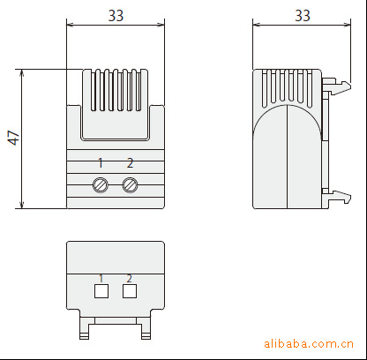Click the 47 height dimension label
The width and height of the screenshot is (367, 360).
click(x=13, y=138)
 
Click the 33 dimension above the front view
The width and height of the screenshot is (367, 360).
click(x=116, y=16)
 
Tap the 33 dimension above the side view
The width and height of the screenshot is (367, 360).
click(x=303, y=16)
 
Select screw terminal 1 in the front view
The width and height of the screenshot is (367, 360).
click(x=101, y=185)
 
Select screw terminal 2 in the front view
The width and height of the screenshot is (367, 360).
click(x=130, y=185)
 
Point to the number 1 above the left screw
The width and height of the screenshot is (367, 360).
click(x=101, y=163)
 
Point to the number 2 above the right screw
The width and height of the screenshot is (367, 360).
click(x=130, y=163)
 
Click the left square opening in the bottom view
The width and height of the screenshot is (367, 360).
click(x=101, y=291)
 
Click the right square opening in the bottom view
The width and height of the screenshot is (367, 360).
click(x=130, y=291)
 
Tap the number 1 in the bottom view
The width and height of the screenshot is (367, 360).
click(x=101, y=278)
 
